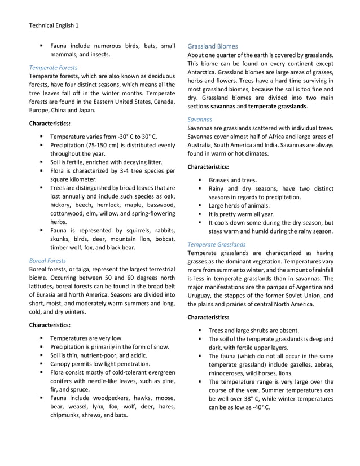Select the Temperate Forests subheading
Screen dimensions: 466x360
[54, 67]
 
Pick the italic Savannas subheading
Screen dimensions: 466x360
[200, 119]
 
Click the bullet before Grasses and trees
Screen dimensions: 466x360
[200, 180]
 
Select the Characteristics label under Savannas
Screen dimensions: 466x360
[208, 166]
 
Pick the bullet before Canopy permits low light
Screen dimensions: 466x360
[42, 364]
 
